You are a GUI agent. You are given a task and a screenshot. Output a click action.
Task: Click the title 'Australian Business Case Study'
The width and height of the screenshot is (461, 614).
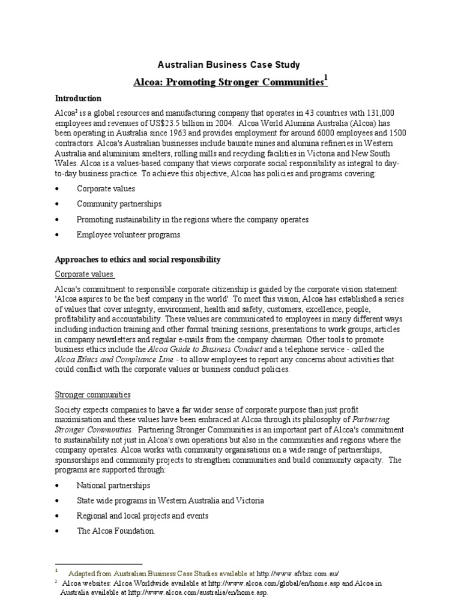coord(229,65)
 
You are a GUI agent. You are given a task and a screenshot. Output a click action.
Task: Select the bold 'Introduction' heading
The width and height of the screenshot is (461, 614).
coord(78,98)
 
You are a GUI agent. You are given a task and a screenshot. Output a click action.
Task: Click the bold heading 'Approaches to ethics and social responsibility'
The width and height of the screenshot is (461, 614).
coord(138,260)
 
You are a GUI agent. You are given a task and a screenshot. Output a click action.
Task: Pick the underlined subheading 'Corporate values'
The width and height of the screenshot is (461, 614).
coord(84,275)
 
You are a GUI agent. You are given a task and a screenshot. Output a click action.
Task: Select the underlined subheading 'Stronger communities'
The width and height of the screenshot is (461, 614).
coord(92,395)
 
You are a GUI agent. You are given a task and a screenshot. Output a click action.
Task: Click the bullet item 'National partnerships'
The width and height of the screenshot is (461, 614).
coord(113,485)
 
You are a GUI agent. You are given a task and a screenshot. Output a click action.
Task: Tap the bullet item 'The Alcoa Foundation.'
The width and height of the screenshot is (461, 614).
coord(116,531)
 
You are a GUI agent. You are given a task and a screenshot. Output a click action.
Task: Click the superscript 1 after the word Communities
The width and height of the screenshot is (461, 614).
coord(326,78)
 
